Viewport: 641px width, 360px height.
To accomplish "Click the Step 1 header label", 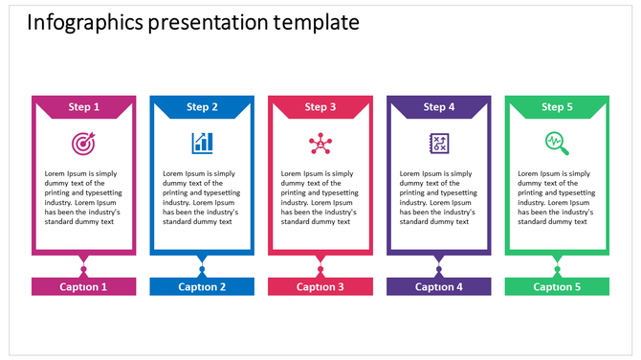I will pyautogui.click(x=83, y=107).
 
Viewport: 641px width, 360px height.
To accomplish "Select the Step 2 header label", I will pyautogui.click(x=202, y=107).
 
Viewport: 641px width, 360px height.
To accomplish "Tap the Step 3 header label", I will pyautogui.click(x=320, y=107).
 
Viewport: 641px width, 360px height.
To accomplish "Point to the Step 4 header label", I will pyautogui.click(x=439, y=107).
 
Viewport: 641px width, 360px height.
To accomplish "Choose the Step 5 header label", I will pyautogui.click(x=557, y=107).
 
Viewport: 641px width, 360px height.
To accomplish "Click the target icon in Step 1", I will pyautogui.click(x=83, y=144).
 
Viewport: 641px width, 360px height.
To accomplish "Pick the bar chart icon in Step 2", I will pyautogui.click(x=202, y=143).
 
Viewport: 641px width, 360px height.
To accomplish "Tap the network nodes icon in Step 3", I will pyautogui.click(x=320, y=144).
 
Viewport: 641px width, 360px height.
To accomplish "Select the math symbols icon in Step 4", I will pyautogui.click(x=439, y=143).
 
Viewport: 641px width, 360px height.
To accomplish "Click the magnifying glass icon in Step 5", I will pyautogui.click(x=557, y=144).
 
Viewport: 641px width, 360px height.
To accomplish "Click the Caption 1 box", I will pyautogui.click(x=83, y=286).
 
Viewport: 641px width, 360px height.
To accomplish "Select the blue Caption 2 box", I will pyautogui.click(x=202, y=286).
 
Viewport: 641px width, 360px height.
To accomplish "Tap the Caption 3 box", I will pyautogui.click(x=320, y=286).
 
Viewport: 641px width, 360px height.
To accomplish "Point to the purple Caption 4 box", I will pyautogui.click(x=439, y=286).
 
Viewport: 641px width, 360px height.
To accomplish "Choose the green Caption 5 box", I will pyautogui.click(x=557, y=286).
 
